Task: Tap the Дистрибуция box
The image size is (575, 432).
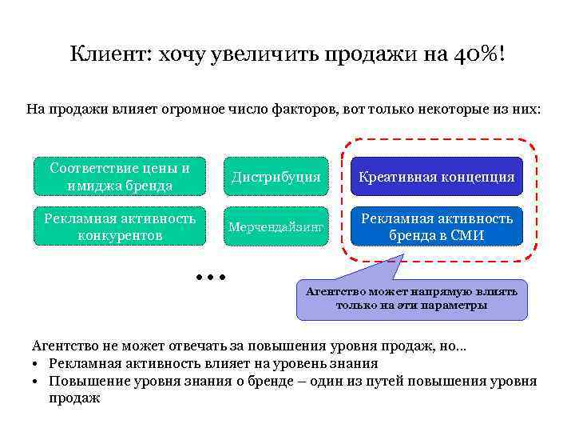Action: [276, 177]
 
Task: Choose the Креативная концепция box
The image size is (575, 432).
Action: [436, 177]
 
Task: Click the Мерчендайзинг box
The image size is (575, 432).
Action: [276, 227]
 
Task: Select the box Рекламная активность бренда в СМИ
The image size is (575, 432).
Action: [436, 227]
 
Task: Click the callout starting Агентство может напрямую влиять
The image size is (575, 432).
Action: [411, 298]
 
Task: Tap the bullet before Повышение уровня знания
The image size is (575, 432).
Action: [37, 381]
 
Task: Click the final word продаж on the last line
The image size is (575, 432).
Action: [74, 398]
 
